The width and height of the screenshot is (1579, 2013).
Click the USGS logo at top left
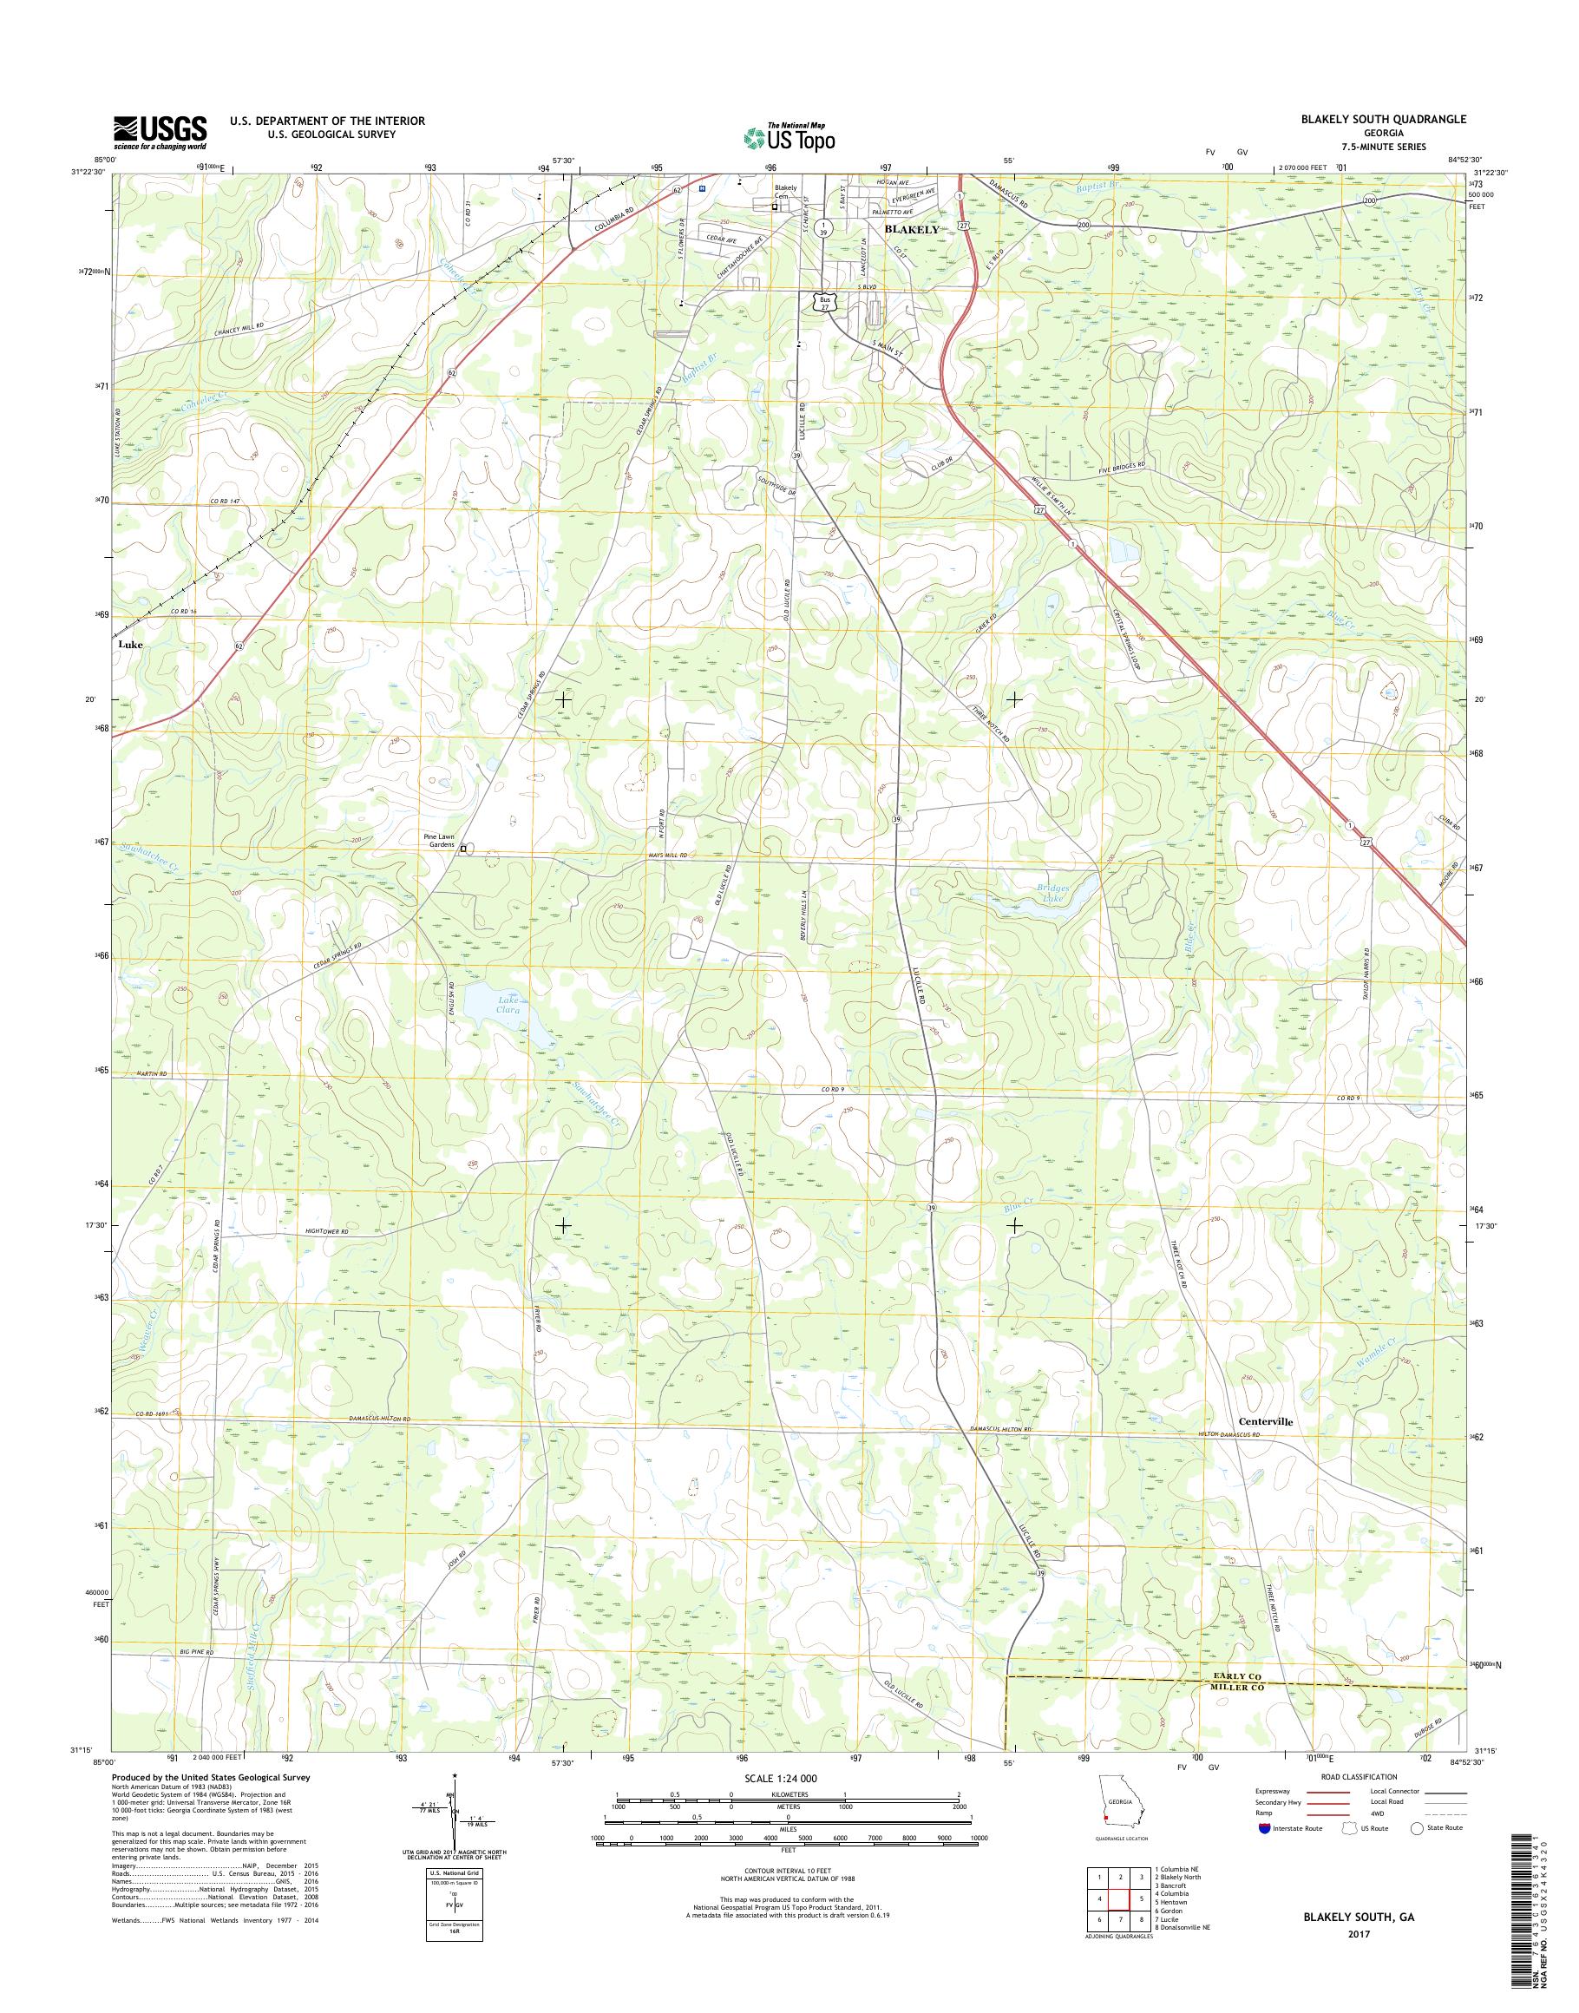pos(159,132)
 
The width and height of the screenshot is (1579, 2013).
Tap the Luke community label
pos(130,645)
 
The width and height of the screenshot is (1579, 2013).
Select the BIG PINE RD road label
pos(197,1651)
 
